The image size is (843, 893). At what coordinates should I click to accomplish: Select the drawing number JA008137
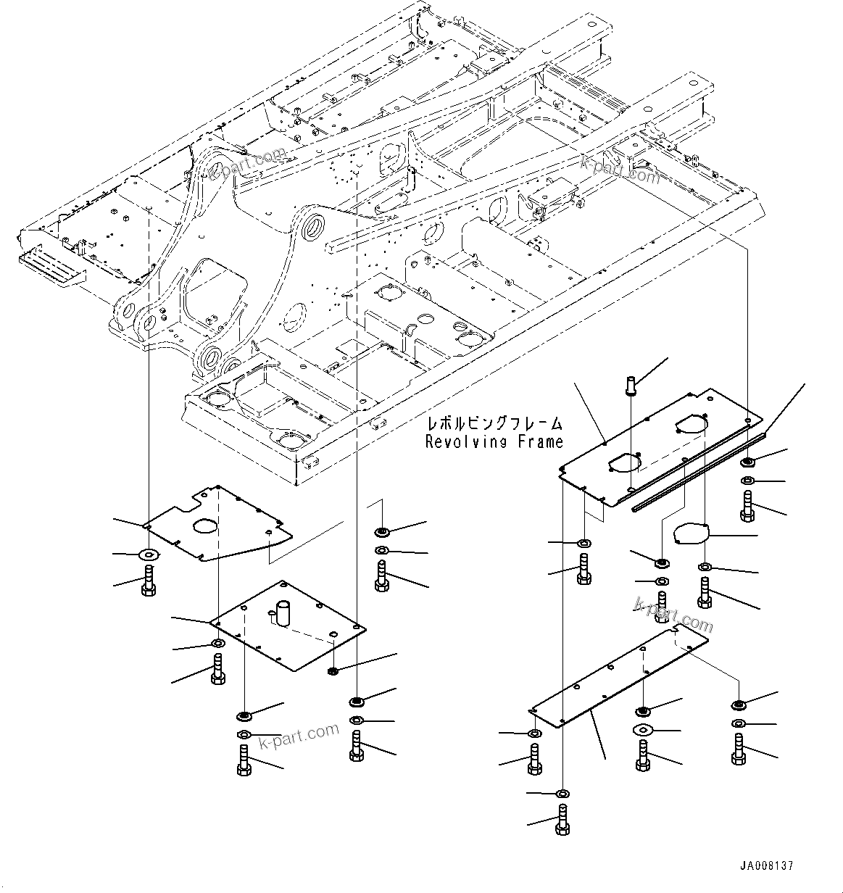point(766,866)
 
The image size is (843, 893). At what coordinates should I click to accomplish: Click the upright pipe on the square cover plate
point(282,612)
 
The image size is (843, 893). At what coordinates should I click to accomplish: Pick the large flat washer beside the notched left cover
point(149,555)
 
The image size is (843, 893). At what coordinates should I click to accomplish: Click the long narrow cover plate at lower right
point(620,678)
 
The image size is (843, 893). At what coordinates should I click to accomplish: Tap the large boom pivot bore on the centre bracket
point(315,227)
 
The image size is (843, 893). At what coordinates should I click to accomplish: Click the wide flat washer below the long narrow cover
point(643,729)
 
